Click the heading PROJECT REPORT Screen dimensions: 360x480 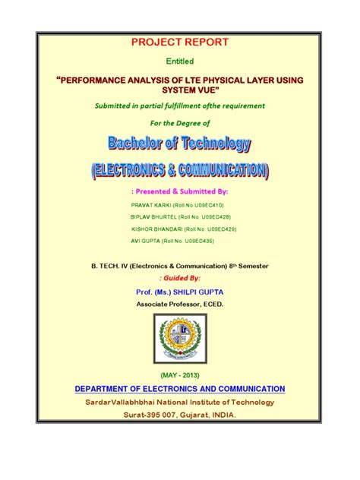tap(180, 43)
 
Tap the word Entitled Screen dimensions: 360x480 tap(180, 61)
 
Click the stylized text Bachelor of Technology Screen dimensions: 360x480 tap(179, 143)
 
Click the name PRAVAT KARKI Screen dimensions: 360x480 tap(150, 205)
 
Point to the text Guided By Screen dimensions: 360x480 tap(180, 279)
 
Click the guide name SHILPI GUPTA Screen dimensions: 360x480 tap(201, 292)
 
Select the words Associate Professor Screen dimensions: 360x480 tap(166, 304)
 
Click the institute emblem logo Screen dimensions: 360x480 tap(179, 340)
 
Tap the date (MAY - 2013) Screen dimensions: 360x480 tap(180, 376)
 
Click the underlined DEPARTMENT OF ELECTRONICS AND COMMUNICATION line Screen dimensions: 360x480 tap(180, 389)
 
